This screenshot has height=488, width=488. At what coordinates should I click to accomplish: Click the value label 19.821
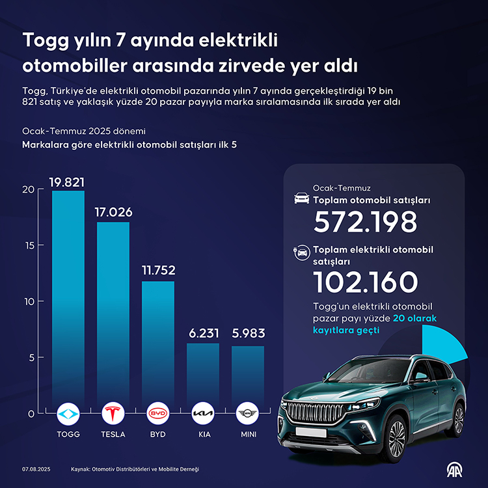click(68, 182)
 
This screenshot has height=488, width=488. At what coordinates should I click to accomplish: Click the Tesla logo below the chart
click(113, 413)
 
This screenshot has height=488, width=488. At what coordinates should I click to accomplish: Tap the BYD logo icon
click(158, 413)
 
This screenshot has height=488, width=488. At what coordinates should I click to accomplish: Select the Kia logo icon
click(203, 413)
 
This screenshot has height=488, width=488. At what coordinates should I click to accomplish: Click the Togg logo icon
click(68, 413)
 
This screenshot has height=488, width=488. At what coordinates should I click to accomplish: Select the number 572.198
click(365, 223)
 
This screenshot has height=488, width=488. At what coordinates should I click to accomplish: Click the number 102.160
click(365, 282)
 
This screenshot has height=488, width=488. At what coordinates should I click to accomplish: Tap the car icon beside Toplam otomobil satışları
click(302, 198)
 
